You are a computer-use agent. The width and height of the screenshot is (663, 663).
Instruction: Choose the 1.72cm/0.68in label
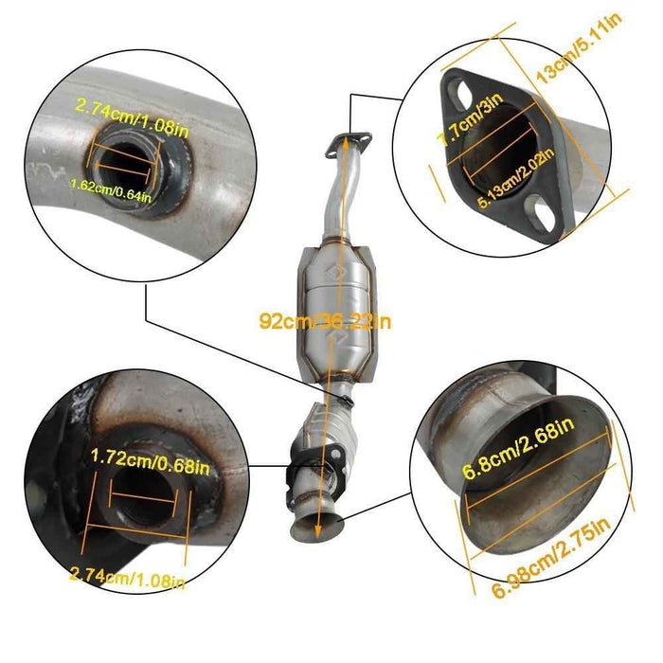tap(151, 457)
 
